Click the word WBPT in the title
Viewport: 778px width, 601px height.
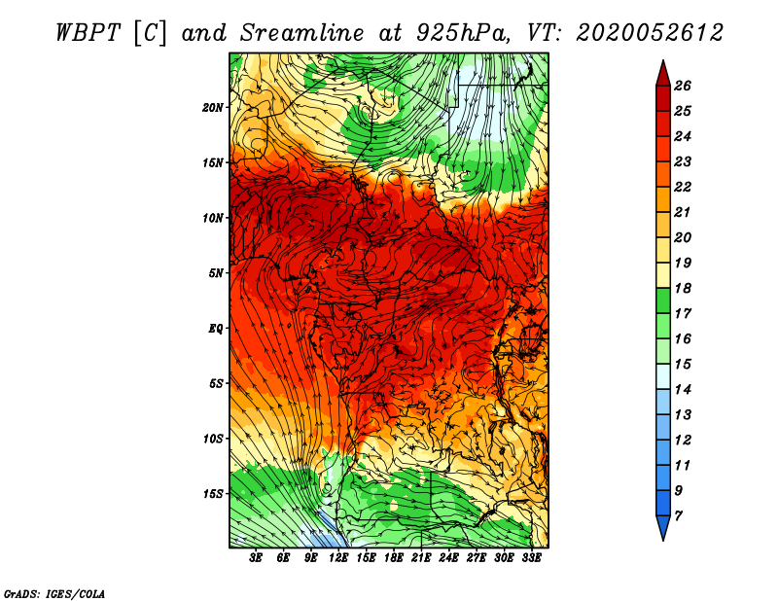click(88, 33)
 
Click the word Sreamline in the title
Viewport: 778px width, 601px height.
click(302, 33)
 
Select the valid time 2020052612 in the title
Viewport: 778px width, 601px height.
click(650, 33)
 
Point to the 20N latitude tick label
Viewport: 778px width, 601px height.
click(213, 108)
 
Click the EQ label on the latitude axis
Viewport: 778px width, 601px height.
click(216, 329)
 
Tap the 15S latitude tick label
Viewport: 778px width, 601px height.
click(213, 494)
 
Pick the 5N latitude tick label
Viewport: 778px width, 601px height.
click(216, 273)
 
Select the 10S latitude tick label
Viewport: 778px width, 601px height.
click(213, 439)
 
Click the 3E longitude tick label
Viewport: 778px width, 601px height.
click(256, 558)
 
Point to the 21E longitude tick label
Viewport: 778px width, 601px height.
click(421, 558)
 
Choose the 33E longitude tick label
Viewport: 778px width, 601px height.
click(531, 558)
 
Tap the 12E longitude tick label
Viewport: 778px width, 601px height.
click(338, 558)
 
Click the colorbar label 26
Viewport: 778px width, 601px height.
click(683, 86)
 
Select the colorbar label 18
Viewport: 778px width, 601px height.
click(683, 288)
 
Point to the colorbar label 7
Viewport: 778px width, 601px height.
click(678, 516)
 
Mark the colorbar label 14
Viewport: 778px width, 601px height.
click(683, 390)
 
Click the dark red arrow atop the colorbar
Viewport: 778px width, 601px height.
click(663, 74)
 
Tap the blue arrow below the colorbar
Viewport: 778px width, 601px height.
click(663, 527)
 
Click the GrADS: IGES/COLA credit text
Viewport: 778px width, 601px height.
click(54, 594)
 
